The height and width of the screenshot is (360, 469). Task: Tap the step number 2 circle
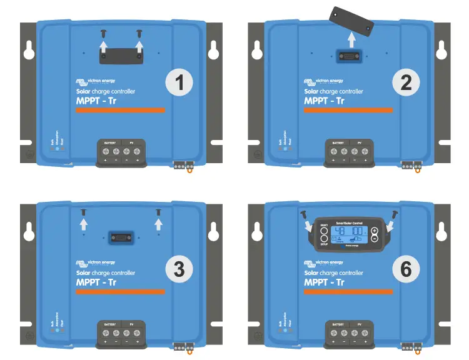(406, 83)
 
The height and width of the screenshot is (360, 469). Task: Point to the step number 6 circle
(406, 269)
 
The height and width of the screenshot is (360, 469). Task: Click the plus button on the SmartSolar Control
(374, 229)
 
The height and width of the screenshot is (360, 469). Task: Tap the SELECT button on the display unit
(323, 229)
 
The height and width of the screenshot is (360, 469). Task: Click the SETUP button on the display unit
(323, 239)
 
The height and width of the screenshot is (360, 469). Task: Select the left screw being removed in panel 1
(104, 31)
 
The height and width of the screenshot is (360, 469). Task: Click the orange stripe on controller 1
(120, 110)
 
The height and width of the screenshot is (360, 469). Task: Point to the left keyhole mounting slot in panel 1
(29, 51)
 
